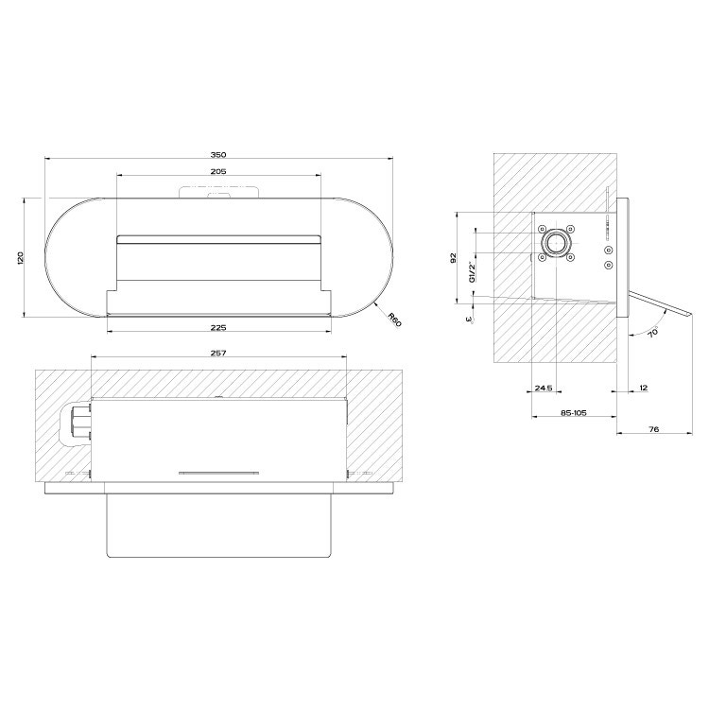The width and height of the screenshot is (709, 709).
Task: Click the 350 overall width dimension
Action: [x=219, y=155]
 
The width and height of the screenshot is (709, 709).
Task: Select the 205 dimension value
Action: [x=218, y=171]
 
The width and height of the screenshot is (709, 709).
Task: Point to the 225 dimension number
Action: [x=218, y=328]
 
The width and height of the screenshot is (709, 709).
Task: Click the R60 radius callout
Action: [x=393, y=317]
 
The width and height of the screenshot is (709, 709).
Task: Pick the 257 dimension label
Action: [x=218, y=352]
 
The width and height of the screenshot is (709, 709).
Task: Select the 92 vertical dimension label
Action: [x=454, y=257]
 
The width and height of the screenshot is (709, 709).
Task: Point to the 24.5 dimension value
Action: [x=543, y=388]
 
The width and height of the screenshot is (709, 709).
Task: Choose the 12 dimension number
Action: [x=643, y=388]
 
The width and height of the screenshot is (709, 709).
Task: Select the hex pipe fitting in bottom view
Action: [x=78, y=423]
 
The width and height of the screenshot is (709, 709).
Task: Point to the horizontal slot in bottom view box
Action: [x=218, y=470]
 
